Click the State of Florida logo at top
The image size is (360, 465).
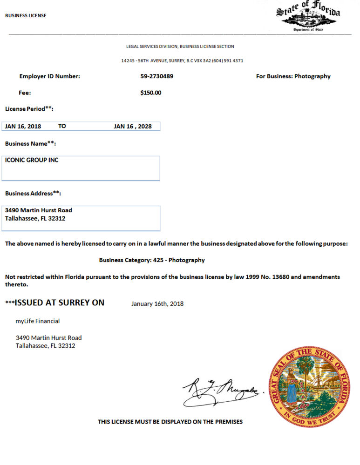(x=308, y=16)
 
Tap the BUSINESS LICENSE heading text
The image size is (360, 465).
(x=26, y=16)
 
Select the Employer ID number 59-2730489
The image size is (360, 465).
(x=156, y=76)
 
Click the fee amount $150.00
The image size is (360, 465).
(x=150, y=93)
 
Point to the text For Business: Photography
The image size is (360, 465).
(x=293, y=76)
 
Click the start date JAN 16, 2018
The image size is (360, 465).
(x=23, y=126)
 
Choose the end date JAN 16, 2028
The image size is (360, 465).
(x=133, y=126)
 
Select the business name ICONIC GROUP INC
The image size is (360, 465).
(x=32, y=160)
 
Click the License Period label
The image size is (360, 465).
(x=29, y=109)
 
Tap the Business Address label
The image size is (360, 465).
(x=33, y=193)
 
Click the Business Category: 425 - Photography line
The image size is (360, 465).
(x=152, y=260)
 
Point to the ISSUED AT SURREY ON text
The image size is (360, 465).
(x=59, y=303)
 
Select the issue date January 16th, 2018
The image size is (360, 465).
(x=157, y=304)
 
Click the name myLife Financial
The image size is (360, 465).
(x=38, y=321)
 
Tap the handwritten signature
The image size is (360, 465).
(x=221, y=390)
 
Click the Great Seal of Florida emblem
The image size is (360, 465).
(x=309, y=386)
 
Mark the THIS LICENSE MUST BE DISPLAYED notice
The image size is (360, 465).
(x=170, y=422)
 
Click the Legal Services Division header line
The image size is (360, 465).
(x=180, y=47)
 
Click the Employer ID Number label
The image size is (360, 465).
(x=49, y=76)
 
